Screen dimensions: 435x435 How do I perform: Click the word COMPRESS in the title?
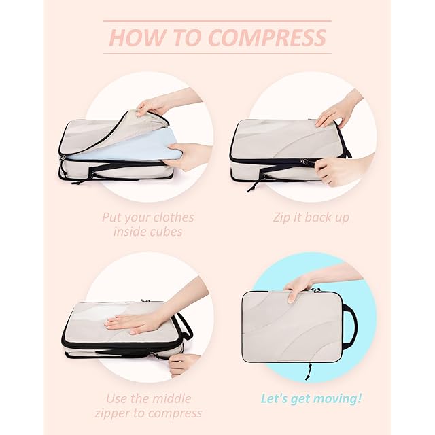coord(267,37)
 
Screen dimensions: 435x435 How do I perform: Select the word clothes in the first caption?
coord(173,217)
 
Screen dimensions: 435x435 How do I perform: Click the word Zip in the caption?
coord(281,217)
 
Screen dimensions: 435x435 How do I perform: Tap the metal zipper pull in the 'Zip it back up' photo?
coord(304,161)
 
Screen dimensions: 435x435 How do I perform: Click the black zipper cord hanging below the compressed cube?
coord(308,372)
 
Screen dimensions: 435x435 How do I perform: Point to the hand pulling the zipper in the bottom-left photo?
coord(183,364)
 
